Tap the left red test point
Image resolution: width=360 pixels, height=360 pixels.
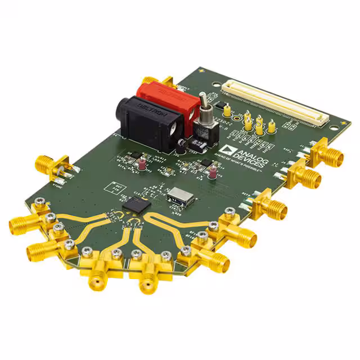click(143, 164)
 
